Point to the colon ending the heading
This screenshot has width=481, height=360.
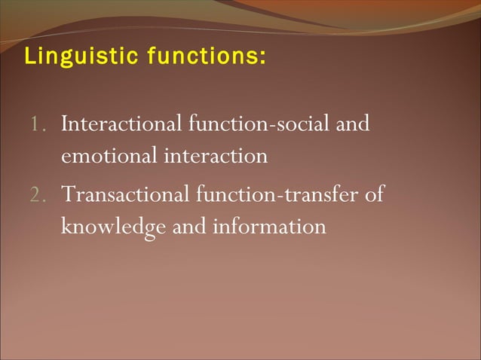click(x=262, y=58)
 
